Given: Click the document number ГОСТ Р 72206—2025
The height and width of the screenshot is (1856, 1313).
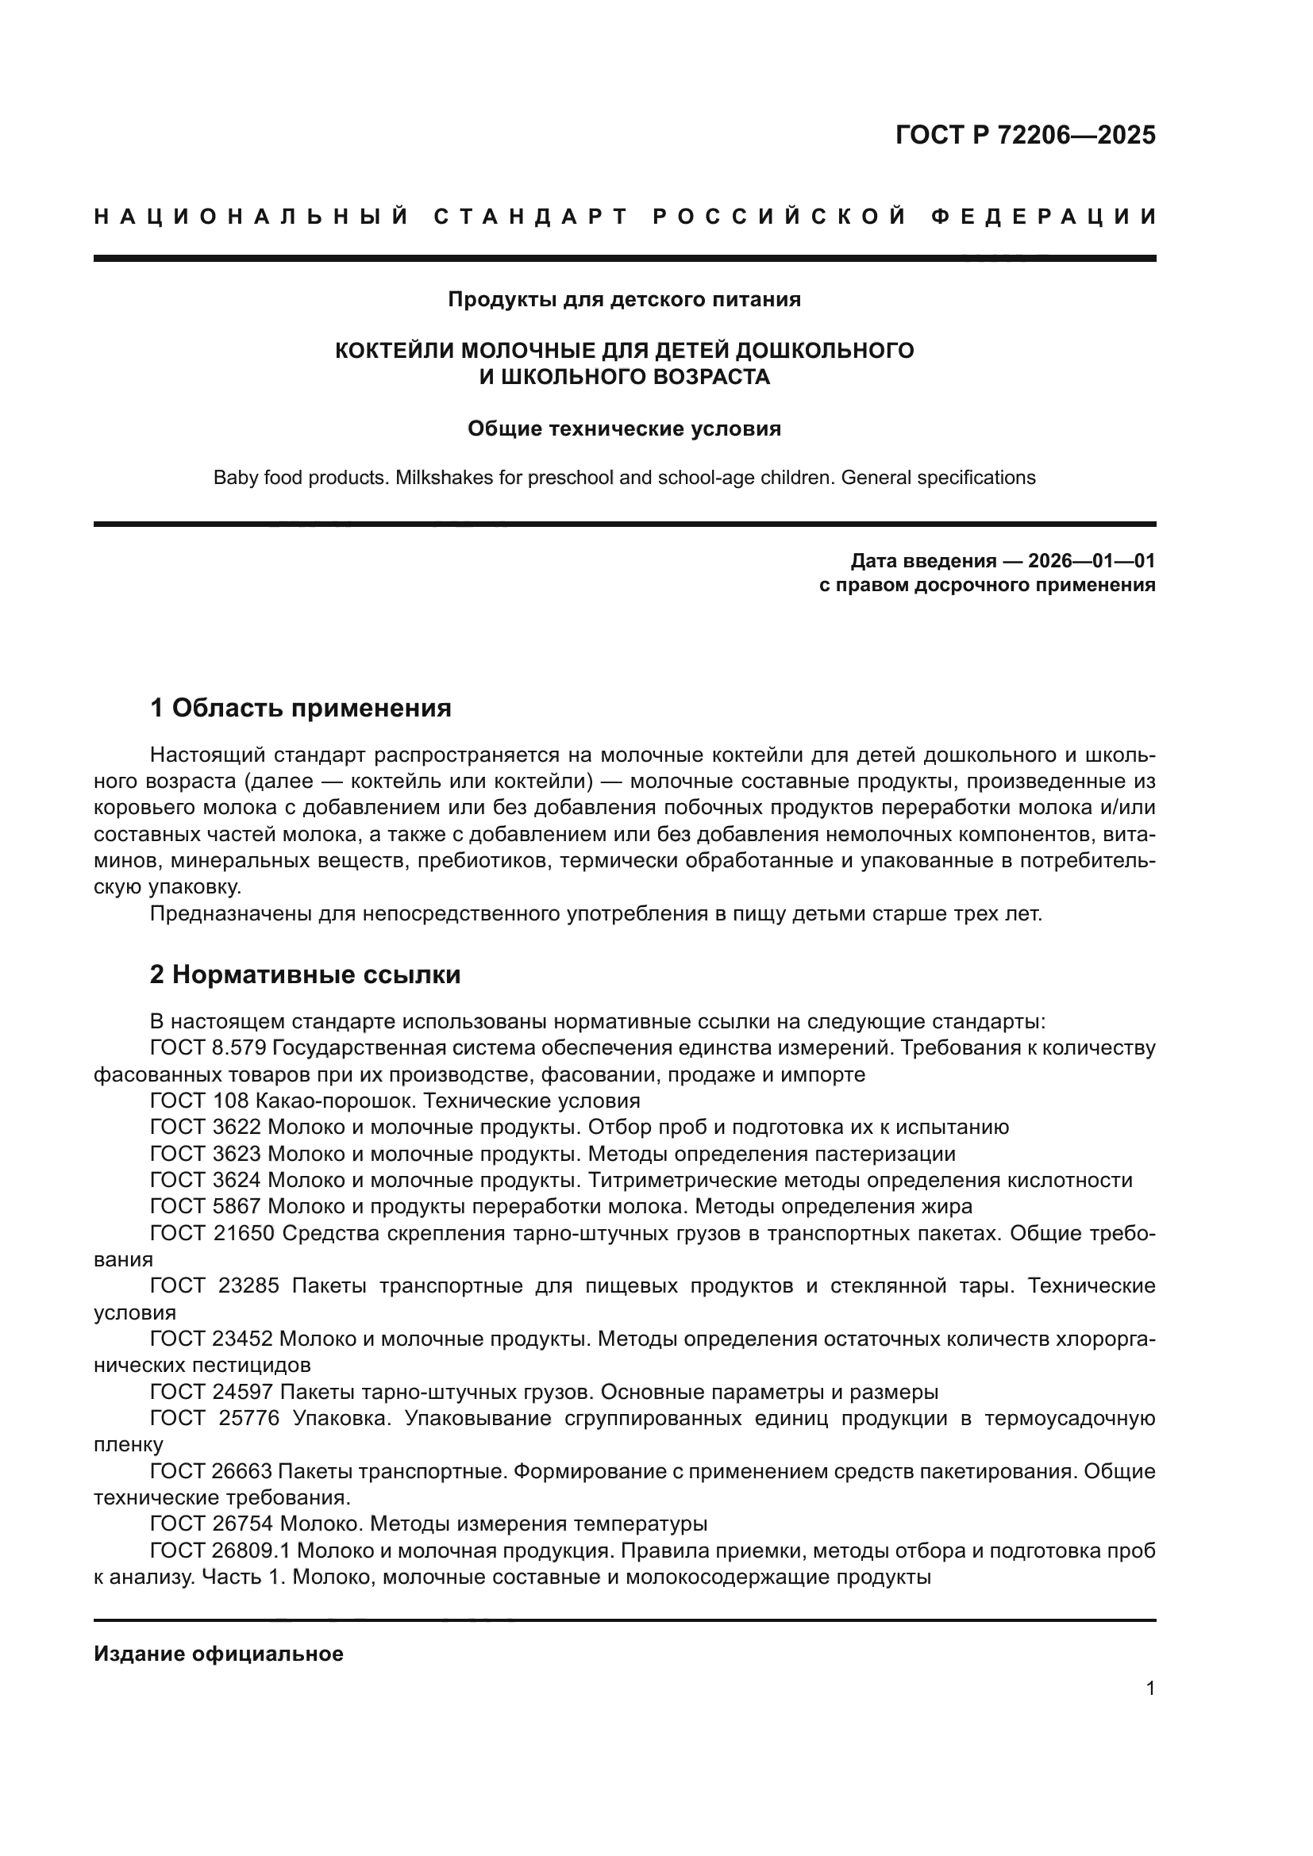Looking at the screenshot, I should (x=1025, y=135).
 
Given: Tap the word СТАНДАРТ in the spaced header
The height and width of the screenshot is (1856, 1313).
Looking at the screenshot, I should (x=530, y=217).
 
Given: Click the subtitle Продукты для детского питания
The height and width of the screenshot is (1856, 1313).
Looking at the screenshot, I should (x=624, y=300).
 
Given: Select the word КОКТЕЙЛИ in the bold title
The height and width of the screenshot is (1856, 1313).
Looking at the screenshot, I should (x=395, y=350).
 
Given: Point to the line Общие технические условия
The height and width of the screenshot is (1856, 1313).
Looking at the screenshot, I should (x=624, y=428).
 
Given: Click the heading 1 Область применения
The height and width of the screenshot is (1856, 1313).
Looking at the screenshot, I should (x=301, y=708).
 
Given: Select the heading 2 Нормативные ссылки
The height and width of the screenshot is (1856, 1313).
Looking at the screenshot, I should (x=306, y=975).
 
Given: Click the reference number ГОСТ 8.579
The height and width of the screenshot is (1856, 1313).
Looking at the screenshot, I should (x=209, y=1047).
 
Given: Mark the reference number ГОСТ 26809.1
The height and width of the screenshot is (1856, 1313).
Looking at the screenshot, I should (x=220, y=1551).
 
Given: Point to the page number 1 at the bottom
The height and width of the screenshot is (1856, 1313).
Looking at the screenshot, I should (x=1150, y=1688).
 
